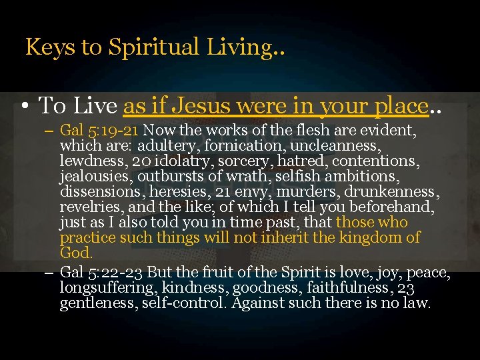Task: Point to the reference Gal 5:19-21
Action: point(100,129)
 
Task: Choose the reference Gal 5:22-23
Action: point(101,273)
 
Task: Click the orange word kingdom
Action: point(377,238)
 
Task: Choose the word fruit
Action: point(215,273)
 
